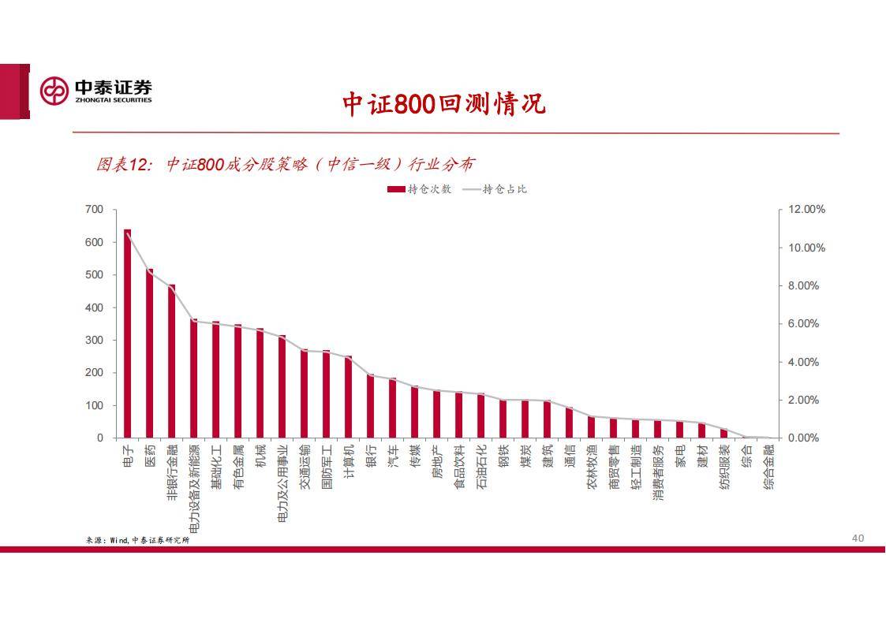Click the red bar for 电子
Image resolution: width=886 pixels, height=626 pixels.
click(x=127, y=333)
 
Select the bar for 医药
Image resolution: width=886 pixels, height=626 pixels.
click(x=149, y=353)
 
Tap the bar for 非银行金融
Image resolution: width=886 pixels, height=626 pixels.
click(x=171, y=361)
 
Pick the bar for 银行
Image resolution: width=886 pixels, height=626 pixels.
click(x=370, y=406)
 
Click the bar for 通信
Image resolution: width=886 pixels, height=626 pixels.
click(x=569, y=423)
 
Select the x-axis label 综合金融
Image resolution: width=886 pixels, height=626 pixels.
click(x=768, y=466)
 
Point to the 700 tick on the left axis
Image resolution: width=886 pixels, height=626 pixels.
click(x=94, y=210)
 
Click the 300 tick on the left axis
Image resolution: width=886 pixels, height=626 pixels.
click(x=94, y=341)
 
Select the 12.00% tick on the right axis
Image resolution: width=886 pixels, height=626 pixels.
click(x=806, y=210)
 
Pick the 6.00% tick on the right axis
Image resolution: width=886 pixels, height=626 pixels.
click(x=803, y=324)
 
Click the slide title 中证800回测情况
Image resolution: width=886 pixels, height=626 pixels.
click(x=443, y=104)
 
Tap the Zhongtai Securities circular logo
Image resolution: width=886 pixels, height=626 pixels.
click(x=54, y=91)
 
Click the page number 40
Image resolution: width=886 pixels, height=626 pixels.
click(x=858, y=538)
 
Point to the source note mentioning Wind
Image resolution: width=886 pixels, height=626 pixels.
click(x=137, y=540)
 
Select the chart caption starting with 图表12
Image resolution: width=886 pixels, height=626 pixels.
click(x=285, y=164)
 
